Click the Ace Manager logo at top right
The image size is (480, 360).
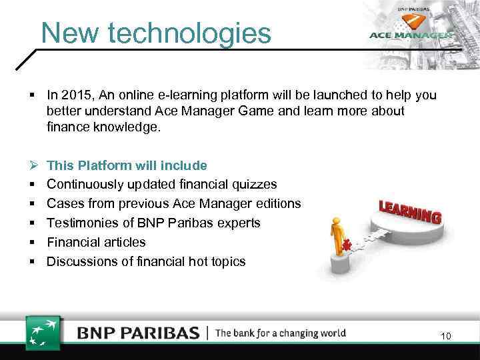click(x=411, y=35)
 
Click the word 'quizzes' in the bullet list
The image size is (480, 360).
click(x=253, y=184)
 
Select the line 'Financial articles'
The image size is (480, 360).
click(x=96, y=242)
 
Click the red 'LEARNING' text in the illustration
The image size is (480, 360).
click(x=410, y=211)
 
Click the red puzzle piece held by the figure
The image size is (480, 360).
click(x=347, y=245)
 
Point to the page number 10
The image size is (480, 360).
click(x=445, y=337)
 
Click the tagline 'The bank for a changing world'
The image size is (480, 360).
click(x=281, y=333)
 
